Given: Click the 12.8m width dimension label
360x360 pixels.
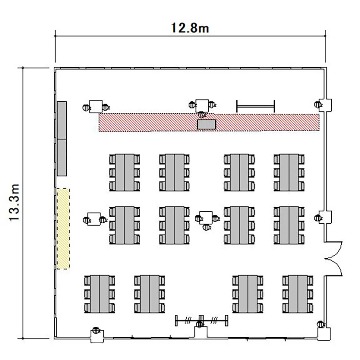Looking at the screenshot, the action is pos(190,28).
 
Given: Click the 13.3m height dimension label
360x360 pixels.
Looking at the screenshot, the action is pos(14,202).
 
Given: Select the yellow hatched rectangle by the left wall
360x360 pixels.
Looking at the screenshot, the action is pos(63,228).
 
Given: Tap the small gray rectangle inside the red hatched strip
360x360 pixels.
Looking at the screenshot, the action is pos(206,124).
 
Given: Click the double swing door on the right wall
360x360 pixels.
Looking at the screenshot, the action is pos(334,259).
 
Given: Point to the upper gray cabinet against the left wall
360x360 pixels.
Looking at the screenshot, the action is pos(62,120).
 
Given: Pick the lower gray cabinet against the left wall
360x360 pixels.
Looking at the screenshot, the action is pos(62,157).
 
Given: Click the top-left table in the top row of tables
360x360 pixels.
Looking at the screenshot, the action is pos(125,172).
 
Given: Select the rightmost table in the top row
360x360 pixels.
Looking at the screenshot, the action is pos(289,172).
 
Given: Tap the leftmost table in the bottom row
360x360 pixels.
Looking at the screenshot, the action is pos(100,294).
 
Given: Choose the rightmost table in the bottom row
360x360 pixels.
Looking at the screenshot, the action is pos(298,294).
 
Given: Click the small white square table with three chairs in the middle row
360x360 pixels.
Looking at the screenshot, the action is pos(206,217).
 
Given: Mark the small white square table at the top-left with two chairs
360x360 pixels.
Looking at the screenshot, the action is pos(96,107).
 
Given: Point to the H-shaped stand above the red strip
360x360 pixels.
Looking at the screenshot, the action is pos(255,106).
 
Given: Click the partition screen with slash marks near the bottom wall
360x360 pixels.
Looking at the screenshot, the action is pos(202,320).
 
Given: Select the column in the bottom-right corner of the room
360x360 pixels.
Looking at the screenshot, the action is pos(324,334).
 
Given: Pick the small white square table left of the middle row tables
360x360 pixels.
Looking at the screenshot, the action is pos(94,219).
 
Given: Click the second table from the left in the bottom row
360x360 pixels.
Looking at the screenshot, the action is pos(150,294).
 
